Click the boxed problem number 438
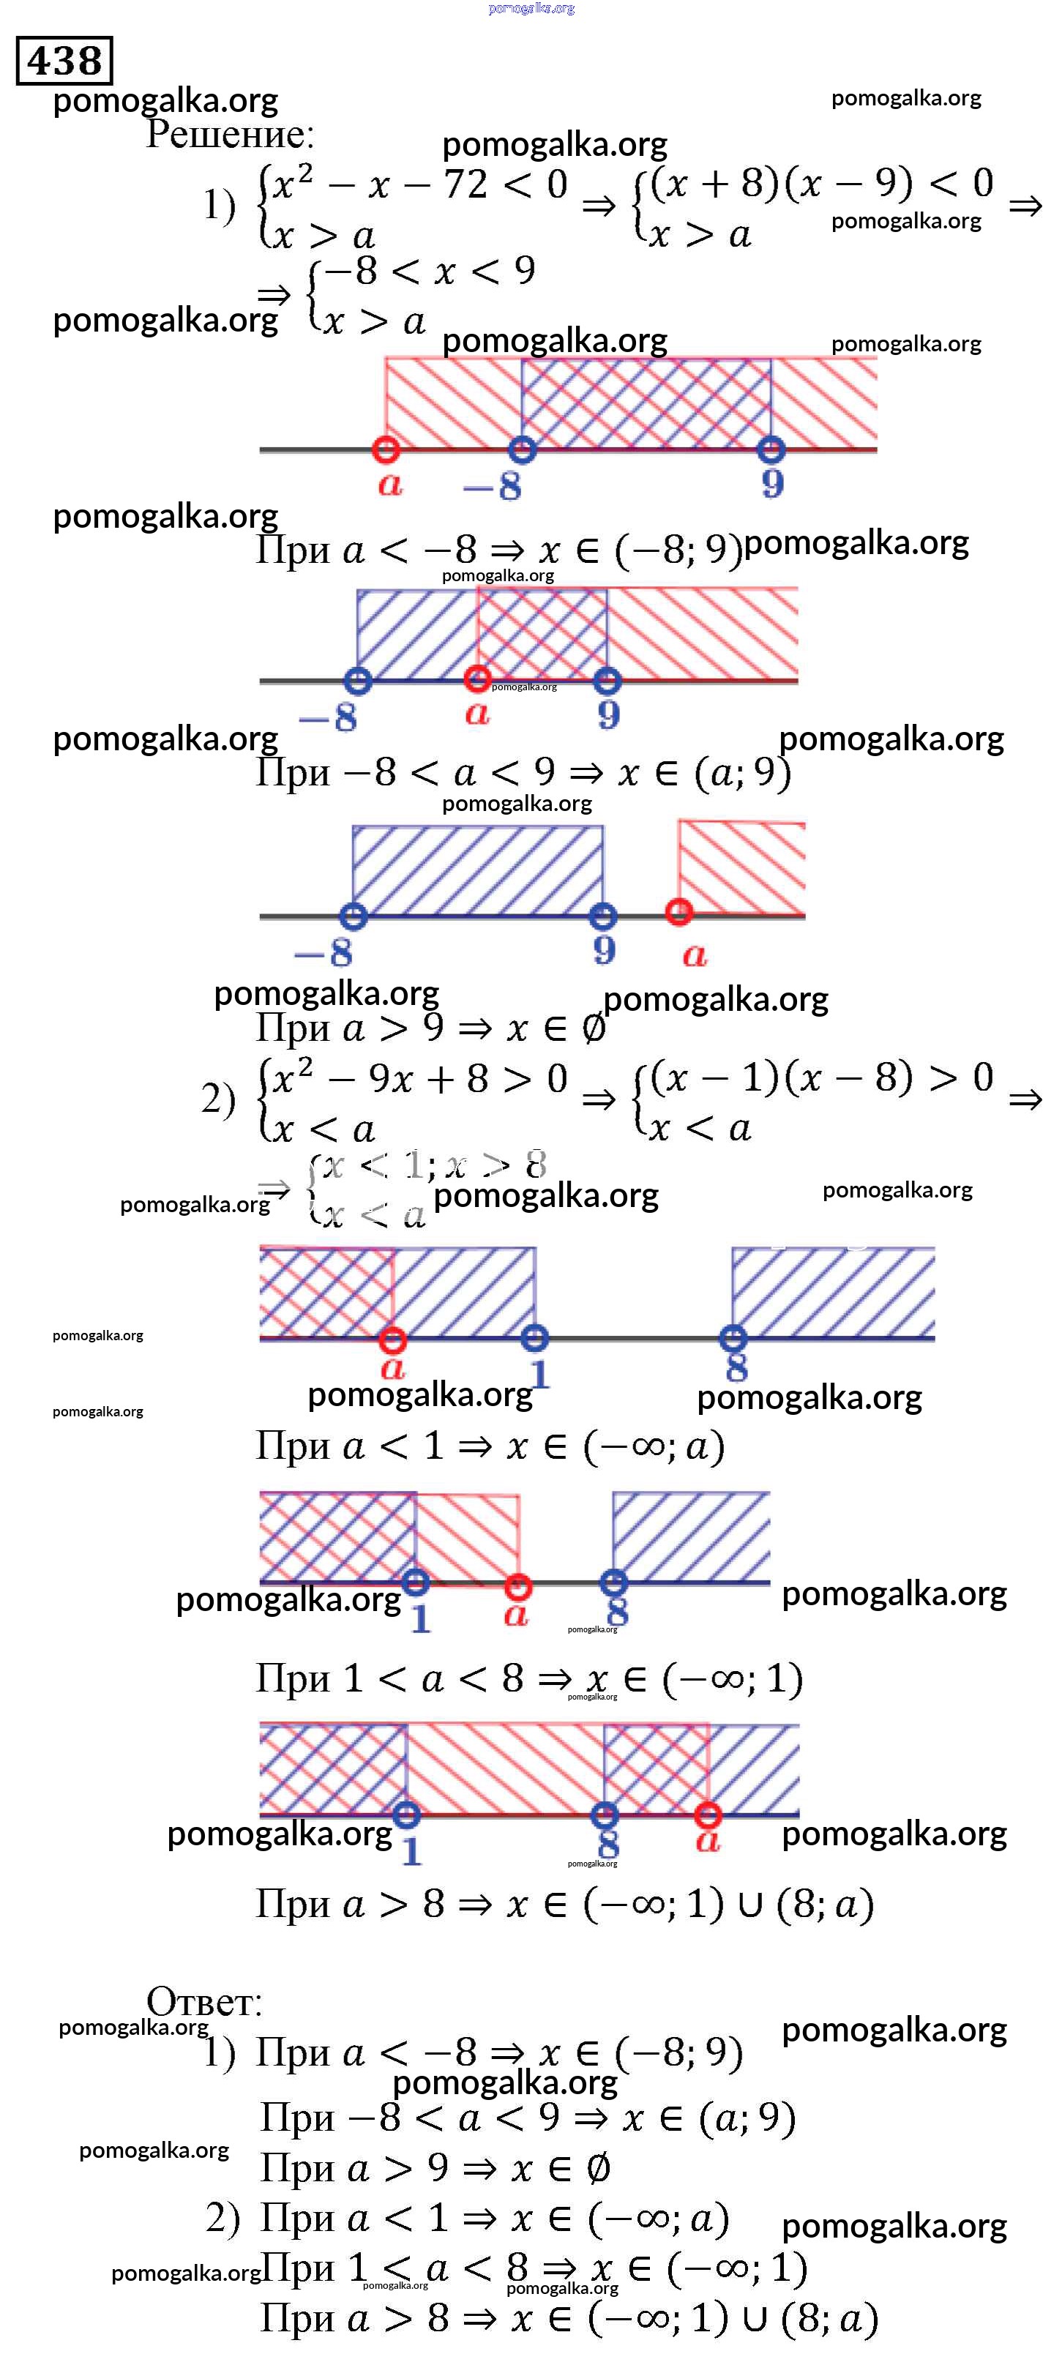pyautogui.click(x=64, y=61)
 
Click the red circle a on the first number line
pyautogui.click(x=386, y=449)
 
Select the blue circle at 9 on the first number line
pyautogui.click(x=771, y=449)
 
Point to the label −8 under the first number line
pyautogui.click(x=493, y=485)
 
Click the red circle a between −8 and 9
pyautogui.click(x=476, y=679)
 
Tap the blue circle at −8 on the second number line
pyautogui.click(x=357, y=681)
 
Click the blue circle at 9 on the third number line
pyautogui.click(x=602, y=916)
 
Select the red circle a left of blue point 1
pyautogui.click(x=392, y=1339)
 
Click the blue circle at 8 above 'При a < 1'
pyautogui.click(x=732, y=1339)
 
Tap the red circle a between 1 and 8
pyautogui.click(x=518, y=1585)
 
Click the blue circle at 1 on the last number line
pyautogui.click(x=407, y=1815)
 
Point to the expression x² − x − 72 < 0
pyautogui.click(x=419, y=185)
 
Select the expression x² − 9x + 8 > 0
pyautogui.click(x=419, y=1079)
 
